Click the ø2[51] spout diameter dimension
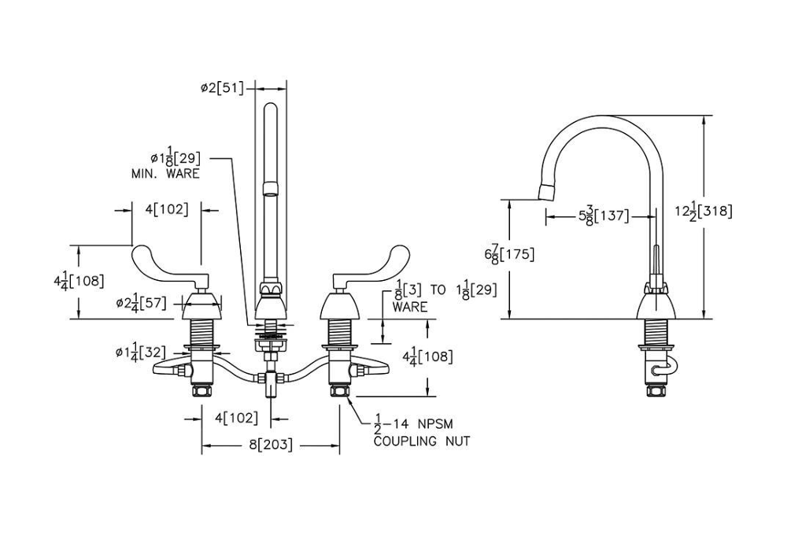pos(222,88)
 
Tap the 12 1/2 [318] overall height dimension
pos(703,211)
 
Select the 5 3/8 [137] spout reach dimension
pos(604,217)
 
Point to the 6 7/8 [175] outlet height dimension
pos(509,255)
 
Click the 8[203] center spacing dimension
pos(271,445)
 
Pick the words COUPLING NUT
pos(422,441)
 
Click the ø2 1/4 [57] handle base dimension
pos(141,304)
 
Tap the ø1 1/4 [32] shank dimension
pos(141,352)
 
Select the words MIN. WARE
pos(165,174)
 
